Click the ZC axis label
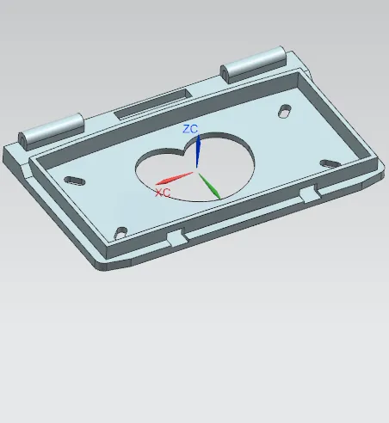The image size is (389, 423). (x=190, y=129)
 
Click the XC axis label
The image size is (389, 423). (x=163, y=193)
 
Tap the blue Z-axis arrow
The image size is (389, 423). (x=198, y=151)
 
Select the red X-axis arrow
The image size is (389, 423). (x=174, y=178)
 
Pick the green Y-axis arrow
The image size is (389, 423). (x=209, y=186)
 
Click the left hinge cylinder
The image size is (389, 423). (x=52, y=132)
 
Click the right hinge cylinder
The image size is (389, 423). (x=254, y=64)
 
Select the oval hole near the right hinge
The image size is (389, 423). (x=285, y=111)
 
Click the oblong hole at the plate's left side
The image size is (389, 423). (x=75, y=181)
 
